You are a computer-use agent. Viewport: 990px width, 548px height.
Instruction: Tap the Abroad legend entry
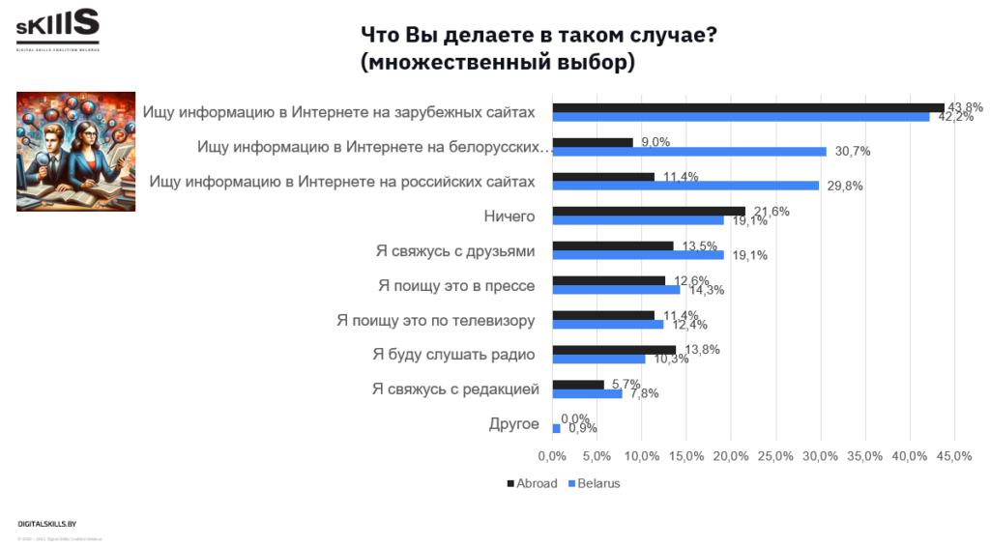tap(532, 483)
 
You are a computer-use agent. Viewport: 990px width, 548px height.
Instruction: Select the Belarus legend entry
tap(594, 483)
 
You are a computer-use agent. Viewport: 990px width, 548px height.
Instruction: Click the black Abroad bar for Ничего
tap(648, 211)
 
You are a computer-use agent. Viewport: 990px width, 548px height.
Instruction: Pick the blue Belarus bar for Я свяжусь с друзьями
tap(637, 255)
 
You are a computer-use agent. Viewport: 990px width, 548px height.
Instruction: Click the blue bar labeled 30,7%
tap(688, 151)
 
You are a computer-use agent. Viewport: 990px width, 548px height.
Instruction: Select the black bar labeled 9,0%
tap(592, 142)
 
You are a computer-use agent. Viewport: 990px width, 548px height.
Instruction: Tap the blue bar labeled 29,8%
tap(684, 186)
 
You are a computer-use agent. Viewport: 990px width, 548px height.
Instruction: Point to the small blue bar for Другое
tap(556, 428)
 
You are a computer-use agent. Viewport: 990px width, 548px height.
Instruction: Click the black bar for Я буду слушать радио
tap(613, 350)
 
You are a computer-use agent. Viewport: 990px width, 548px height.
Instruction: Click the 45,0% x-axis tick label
tap(954, 456)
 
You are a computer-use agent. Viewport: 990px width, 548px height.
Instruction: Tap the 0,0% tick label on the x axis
tap(552, 456)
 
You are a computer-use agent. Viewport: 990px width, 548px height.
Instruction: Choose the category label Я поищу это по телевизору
tap(436, 320)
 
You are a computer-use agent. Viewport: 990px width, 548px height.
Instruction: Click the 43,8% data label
tap(965, 107)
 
